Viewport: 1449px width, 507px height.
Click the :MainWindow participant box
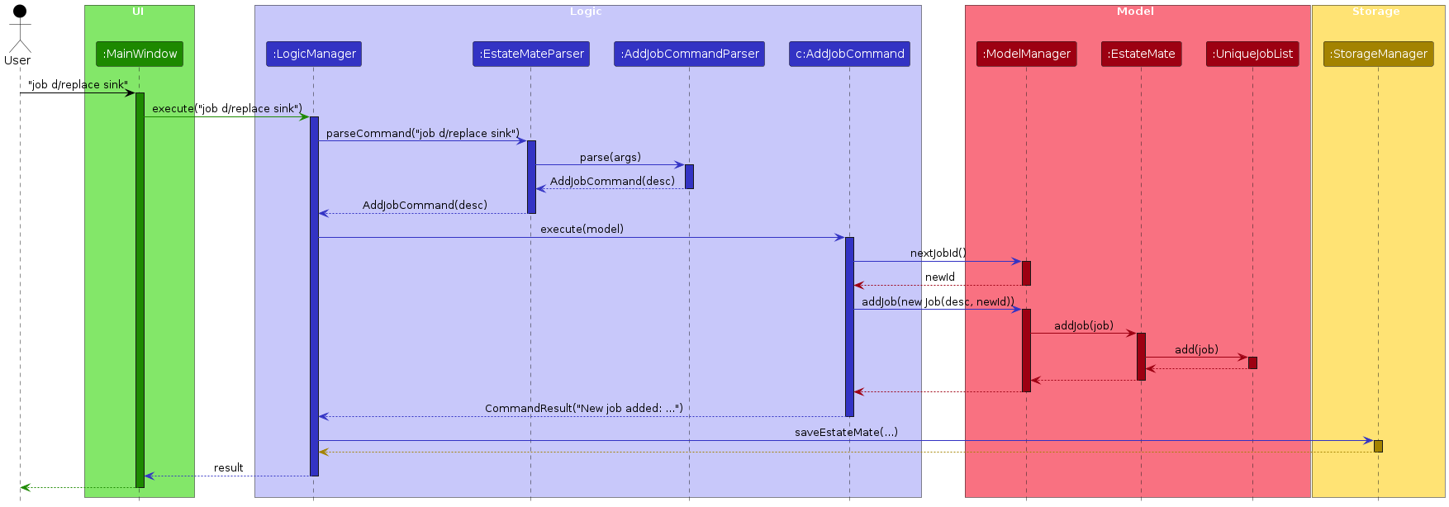[140, 54]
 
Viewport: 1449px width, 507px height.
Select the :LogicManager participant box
[314, 54]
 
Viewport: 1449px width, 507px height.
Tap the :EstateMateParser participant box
[531, 54]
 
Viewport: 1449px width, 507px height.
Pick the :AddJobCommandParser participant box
[689, 54]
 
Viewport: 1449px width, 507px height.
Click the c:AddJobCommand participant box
[849, 54]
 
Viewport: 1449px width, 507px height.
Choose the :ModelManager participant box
[1026, 54]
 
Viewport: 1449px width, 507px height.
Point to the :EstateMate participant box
[1141, 54]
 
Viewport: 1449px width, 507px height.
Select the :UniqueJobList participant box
[1252, 54]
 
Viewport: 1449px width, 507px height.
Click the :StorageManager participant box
[1378, 54]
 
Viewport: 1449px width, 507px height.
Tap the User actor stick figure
[19, 31]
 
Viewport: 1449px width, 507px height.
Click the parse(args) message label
[610, 158]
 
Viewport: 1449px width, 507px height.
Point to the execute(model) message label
[582, 230]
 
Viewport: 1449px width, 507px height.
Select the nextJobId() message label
[938, 253]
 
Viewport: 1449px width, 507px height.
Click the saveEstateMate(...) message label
[846, 433]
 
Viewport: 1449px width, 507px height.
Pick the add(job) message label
[1196, 350]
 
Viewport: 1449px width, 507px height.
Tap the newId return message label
[939, 277]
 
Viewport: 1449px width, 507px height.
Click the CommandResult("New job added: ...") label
[583, 409]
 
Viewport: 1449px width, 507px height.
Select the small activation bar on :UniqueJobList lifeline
[1252, 362]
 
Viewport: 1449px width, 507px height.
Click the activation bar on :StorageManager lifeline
[1378, 447]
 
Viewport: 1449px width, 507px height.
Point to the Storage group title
[1375, 12]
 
